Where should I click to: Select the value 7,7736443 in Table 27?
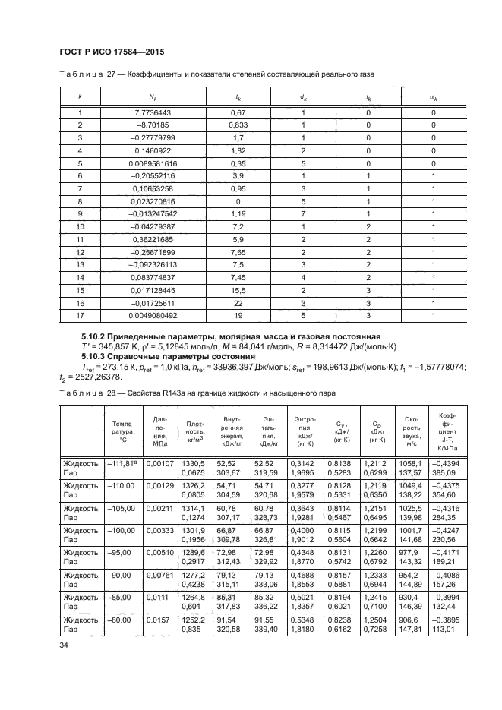pos(153,113)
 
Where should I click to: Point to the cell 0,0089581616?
pos(153,163)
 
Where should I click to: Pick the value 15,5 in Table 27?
pos(235,289)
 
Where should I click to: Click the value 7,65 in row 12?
pos(235,251)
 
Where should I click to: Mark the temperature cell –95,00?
pos(120,557)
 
